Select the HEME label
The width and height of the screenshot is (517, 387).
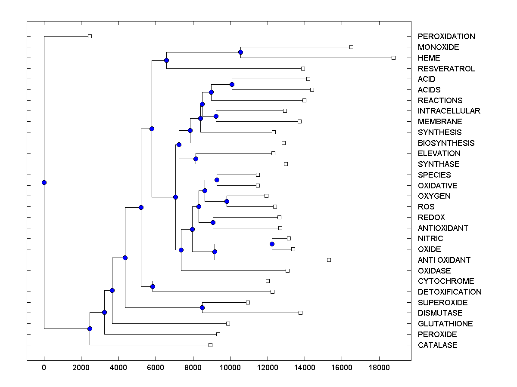pyautogui.click(x=429, y=58)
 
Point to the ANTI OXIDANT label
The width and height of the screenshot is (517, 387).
pyautogui.click(x=444, y=260)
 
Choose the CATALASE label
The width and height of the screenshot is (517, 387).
pyautogui.click(x=437, y=345)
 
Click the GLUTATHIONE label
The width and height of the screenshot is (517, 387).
pyautogui.click(x=445, y=324)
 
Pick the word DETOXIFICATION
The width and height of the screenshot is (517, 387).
pyautogui.click(x=449, y=292)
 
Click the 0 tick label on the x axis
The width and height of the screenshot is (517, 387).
pyautogui.click(x=44, y=367)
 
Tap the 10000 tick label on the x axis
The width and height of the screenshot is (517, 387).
pyautogui.click(x=230, y=367)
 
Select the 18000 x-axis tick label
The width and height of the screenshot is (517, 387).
pyautogui.click(x=379, y=367)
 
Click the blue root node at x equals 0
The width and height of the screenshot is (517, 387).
pyautogui.click(x=44, y=182)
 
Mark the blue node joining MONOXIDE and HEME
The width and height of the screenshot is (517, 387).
pyautogui.click(x=240, y=52)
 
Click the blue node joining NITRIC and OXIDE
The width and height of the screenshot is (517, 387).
pyautogui.click(x=272, y=244)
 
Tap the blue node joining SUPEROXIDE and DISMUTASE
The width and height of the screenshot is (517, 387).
pyautogui.click(x=202, y=307)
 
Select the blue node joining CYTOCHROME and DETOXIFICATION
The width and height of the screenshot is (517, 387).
pyautogui.click(x=153, y=286)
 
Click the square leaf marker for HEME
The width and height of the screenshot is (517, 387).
pyautogui.click(x=393, y=58)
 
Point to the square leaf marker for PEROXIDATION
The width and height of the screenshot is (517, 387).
pyautogui.click(x=90, y=37)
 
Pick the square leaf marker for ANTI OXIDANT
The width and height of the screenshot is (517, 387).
pyautogui.click(x=329, y=260)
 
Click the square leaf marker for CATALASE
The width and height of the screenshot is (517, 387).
pyautogui.click(x=210, y=345)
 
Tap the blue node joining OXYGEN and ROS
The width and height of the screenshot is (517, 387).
pyautogui.click(x=227, y=201)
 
